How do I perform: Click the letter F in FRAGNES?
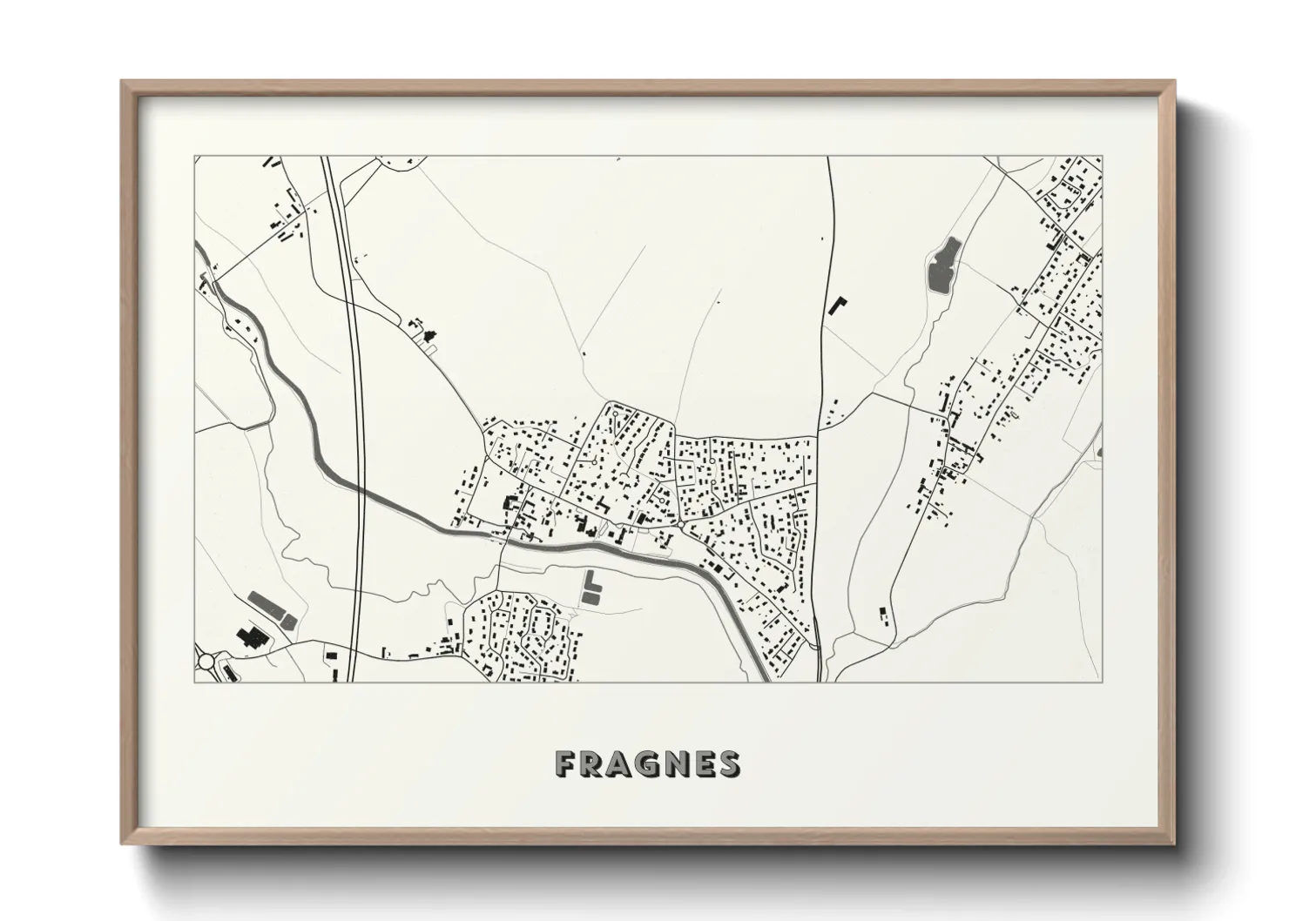[x=566, y=764]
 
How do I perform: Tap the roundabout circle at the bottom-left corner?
[x=206, y=663]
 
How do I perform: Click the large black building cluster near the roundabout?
[x=253, y=637]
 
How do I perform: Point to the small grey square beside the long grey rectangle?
[x=289, y=620]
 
